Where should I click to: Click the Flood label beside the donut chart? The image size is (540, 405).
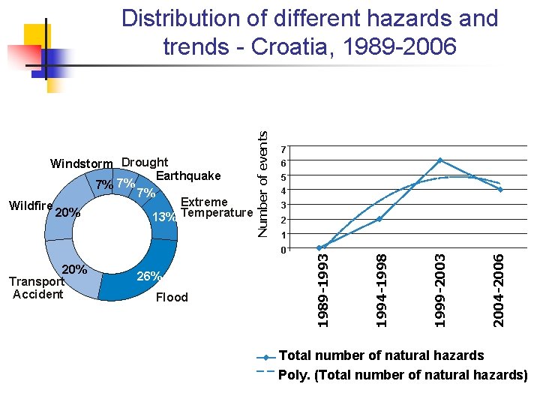coord(172,298)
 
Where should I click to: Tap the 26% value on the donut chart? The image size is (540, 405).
coord(148,277)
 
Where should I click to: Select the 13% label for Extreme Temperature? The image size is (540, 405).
coord(164,217)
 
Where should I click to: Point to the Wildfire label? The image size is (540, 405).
coord(30,205)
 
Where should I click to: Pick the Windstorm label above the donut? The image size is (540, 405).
coord(81,163)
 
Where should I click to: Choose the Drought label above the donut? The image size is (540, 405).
coord(145,162)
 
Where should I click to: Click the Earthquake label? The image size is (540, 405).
coord(188,175)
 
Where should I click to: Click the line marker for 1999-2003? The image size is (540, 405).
coord(439,160)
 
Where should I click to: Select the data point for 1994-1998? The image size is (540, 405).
coord(380,218)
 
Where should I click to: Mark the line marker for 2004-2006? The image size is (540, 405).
coord(499,190)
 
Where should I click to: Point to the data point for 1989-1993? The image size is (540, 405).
coord(319,247)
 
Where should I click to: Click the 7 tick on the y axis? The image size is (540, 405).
coord(282,148)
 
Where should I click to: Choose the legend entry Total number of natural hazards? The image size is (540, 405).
coord(381,355)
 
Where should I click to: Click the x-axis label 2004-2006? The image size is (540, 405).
coord(499,289)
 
